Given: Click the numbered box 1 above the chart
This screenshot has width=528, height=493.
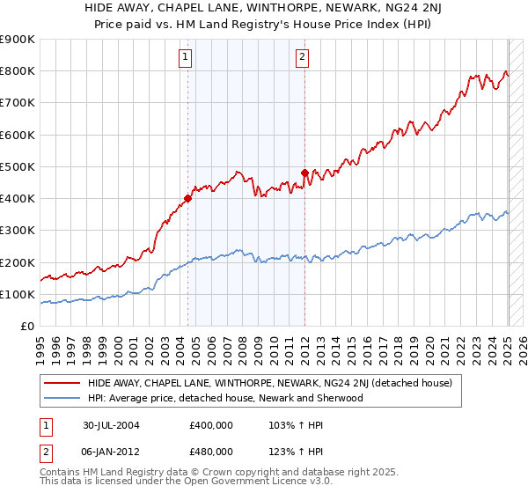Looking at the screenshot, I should (x=187, y=58).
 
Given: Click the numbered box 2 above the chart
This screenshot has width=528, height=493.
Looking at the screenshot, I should (x=302, y=58).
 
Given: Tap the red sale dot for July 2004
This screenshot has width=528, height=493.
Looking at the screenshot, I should (x=188, y=198).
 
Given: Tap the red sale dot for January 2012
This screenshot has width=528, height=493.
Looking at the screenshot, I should (x=304, y=173).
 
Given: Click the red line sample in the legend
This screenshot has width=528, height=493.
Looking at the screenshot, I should (x=62, y=383).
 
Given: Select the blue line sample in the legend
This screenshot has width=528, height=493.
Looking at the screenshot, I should (x=62, y=398).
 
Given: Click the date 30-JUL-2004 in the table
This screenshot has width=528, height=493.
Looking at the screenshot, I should (x=112, y=425).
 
